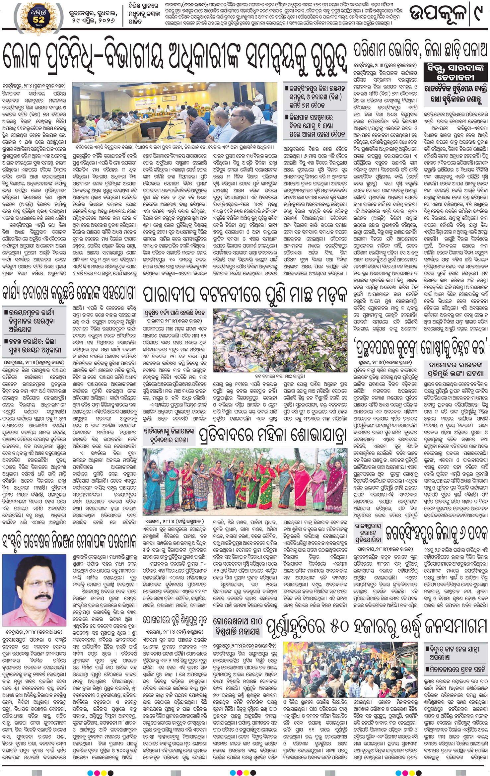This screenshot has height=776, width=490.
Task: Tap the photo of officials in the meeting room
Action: (175, 113)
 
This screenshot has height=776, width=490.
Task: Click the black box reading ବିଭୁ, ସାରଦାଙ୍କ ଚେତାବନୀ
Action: (455, 72)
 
